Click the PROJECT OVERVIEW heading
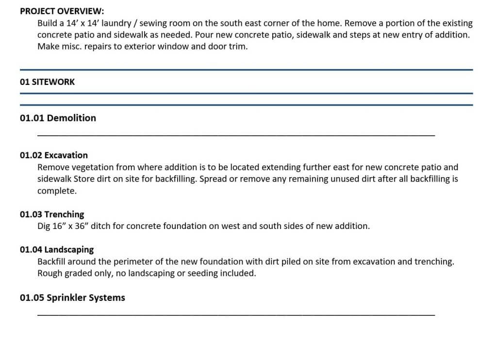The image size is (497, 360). click(x=62, y=11)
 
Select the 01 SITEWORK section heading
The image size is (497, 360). click(x=48, y=82)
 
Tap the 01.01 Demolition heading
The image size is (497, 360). click(x=58, y=118)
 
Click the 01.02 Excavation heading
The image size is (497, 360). click(x=54, y=155)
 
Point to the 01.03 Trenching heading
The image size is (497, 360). click(x=52, y=214)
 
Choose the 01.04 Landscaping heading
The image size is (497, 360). click(x=57, y=249)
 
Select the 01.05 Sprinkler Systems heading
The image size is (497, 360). click(x=72, y=297)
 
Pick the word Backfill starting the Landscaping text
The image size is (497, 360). click(x=51, y=262)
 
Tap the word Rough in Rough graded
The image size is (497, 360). click(x=50, y=273)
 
